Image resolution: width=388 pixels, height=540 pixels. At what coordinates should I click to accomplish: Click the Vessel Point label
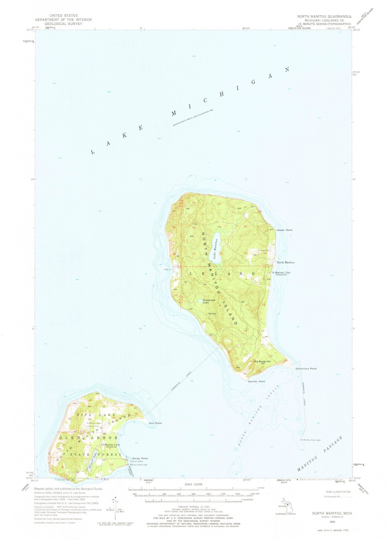pyautogui.click(x=284, y=230)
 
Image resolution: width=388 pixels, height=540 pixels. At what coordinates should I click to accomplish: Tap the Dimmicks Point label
pyautogui.click(x=306, y=368)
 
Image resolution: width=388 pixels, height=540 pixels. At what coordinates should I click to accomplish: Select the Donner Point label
pyautogui.click(x=256, y=381)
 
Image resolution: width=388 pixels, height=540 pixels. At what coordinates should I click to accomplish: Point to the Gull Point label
pyautogui.click(x=155, y=423)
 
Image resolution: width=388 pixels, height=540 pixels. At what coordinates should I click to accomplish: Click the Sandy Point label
pyautogui.click(x=140, y=458)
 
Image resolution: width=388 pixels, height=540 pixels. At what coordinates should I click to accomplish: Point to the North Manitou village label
pyautogui.click(x=285, y=263)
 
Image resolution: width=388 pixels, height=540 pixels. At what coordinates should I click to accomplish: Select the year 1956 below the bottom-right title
pyautogui.click(x=332, y=521)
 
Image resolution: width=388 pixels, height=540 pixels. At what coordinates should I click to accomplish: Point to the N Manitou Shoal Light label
pyautogui.click(x=310, y=440)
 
